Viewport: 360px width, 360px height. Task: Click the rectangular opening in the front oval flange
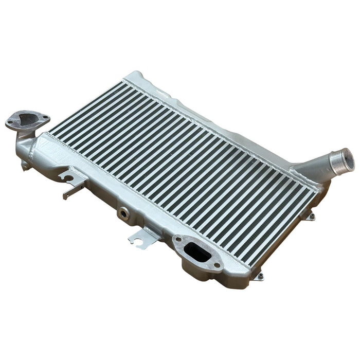pos(195,251)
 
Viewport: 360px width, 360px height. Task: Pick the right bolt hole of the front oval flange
pos(217,266)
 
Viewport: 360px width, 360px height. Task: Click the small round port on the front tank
pos(123,212)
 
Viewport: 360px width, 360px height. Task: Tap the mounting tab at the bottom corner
pos(260,276)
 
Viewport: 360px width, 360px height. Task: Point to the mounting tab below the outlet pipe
pos(310,217)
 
